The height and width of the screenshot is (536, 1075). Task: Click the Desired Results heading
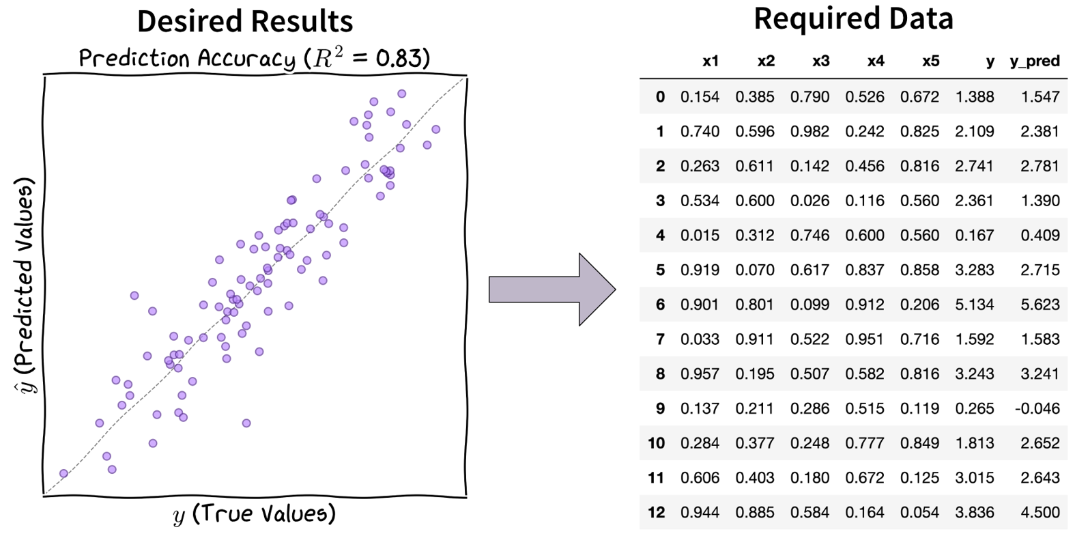click(245, 22)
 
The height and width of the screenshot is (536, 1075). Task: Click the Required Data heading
click(852, 19)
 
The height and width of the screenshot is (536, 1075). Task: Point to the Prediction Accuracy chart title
click(254, 59)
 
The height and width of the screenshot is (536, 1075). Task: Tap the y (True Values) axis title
click(255, 513)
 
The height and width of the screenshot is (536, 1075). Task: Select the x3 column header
click(820, 61)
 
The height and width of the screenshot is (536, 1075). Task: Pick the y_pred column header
click(1034, 61)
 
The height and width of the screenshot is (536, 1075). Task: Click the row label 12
click(656, 512)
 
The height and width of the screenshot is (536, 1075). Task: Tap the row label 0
click(660, 97)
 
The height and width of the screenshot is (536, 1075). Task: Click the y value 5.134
click(974, 305)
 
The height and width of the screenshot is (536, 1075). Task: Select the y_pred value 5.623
click(1040, 305)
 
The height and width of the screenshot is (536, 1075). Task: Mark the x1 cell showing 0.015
click(700, 236)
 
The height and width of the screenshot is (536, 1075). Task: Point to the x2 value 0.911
click(754, 339)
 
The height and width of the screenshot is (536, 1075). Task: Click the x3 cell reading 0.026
click(809, 201)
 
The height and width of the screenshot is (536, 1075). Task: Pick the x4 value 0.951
click(864, 339)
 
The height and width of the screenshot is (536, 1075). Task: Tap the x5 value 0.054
click(919, 512)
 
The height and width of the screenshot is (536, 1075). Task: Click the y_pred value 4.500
click(1040, 512)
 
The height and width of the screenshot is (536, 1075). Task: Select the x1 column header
click(711, 61)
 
